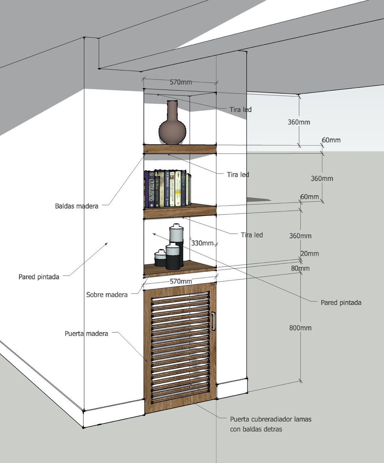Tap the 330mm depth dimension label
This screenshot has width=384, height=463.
click(202, 243)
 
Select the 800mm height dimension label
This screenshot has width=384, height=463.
click(300, 328)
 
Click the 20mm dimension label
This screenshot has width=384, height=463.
click(310, 254)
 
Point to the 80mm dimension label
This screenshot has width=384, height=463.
click(300, 268)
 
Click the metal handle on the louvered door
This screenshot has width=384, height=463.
click(213, 321)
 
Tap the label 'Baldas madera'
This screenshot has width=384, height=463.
click(77, 206)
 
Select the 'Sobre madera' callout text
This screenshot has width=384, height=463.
click(107, 295)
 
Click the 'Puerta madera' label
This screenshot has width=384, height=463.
click(86, 334)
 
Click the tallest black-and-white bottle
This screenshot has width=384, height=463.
click(176, 244)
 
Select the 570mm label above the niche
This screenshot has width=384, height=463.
click(181, 82)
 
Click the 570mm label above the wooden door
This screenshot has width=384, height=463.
click(181, 281)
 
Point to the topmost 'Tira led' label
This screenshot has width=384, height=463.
click(240, 110)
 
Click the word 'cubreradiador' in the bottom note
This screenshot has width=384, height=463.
click(271, 419)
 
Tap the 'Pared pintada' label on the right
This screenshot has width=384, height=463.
click(341, 303)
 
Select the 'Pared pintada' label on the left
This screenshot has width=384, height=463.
click(39, 277)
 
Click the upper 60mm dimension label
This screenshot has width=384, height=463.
click(331, 140)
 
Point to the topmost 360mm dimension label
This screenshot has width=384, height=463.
click(299, 122)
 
